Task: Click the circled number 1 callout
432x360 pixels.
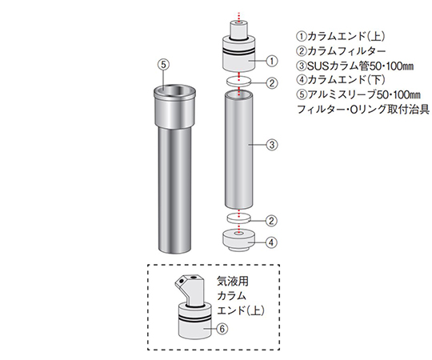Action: click(270, 59)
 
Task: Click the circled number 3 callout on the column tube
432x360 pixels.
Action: click(270, 145)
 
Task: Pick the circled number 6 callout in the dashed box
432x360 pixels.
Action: click(222, 328)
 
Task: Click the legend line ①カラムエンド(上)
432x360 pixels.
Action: click(336, 36)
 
